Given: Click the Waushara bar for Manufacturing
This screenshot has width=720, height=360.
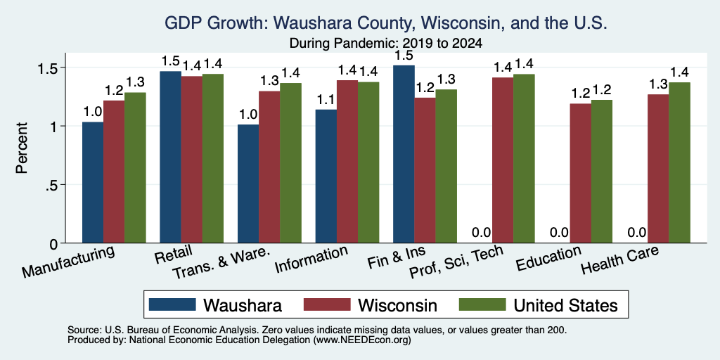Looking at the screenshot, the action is (x=93, y=182).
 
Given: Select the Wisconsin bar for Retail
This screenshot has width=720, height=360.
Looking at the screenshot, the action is (x=192, y=160).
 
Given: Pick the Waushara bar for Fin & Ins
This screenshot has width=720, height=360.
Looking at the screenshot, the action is (x=404, y=154).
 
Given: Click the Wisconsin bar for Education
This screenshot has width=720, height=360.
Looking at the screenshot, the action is (x=580, y=173).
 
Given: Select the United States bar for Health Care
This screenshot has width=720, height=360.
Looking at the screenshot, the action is (x=680, y=162).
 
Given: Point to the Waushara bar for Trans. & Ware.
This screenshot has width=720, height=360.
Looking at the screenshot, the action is (x=248, y=184).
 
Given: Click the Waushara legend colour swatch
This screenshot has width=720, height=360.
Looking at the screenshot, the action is (x=172, y=304).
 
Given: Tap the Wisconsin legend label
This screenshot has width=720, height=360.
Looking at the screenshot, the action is (x=398, y=305).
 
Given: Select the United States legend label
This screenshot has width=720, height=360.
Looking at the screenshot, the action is (x=566, y=305).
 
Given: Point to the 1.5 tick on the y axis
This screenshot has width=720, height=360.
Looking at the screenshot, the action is (x=63, y=67).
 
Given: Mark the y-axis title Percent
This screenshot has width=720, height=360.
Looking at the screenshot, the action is (x=22, y=148).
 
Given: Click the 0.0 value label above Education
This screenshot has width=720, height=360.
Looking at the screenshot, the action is (x=559, y=232).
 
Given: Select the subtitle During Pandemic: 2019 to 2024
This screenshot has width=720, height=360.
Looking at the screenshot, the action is (x=386, y=44).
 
